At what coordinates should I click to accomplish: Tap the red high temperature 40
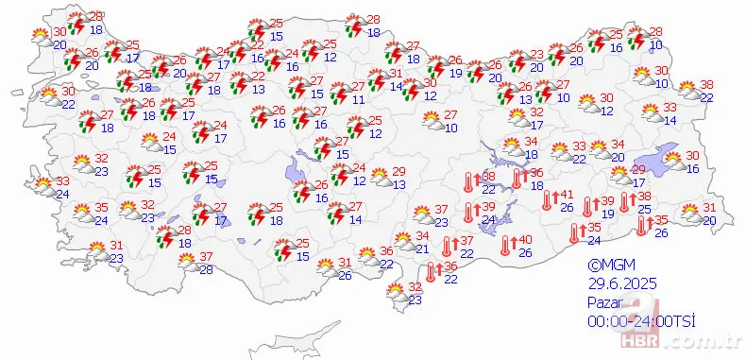[526, 240]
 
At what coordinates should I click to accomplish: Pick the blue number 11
[358, 98]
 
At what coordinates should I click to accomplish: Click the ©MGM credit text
[609, 266]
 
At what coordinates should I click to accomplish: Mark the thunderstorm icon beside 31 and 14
[375, 83]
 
